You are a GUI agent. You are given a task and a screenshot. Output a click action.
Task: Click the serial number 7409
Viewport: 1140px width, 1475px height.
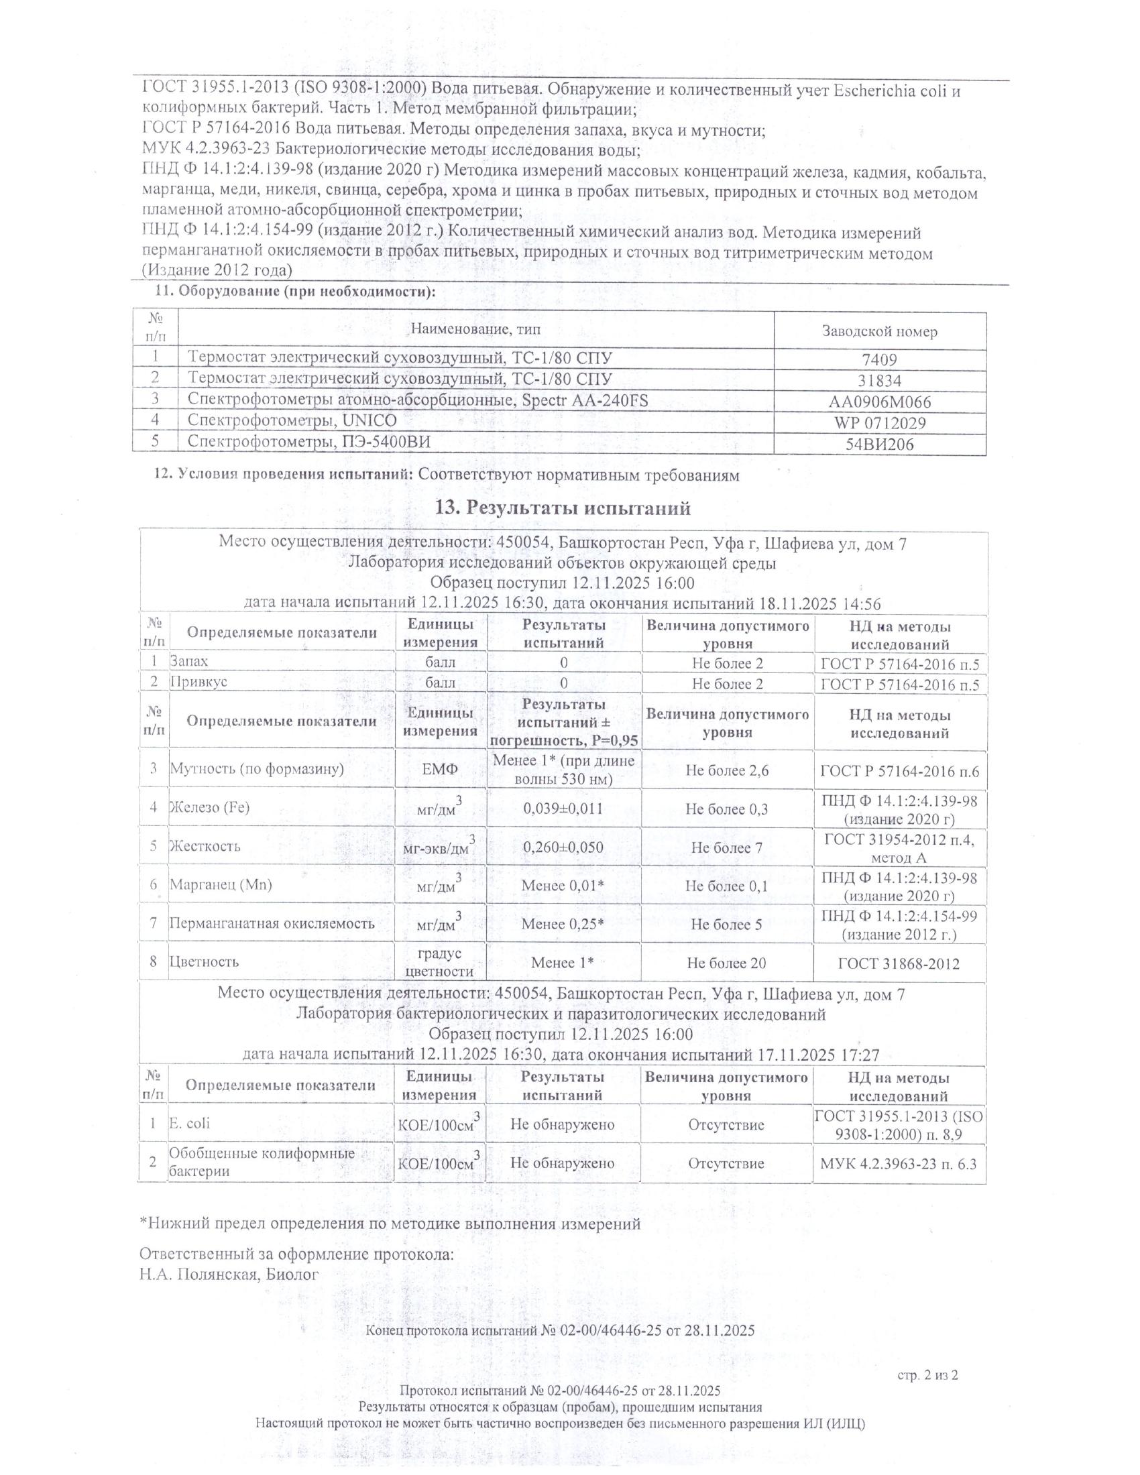879,360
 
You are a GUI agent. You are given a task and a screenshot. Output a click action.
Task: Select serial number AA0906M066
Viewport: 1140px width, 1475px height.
879,402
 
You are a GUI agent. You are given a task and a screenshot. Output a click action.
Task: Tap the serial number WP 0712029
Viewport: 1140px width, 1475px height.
879,424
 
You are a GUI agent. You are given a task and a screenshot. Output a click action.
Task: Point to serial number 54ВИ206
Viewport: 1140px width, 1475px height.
879,445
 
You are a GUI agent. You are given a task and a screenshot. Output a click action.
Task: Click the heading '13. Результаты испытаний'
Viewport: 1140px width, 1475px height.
563,508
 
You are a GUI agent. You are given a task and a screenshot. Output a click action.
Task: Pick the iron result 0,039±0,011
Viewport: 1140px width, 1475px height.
563,809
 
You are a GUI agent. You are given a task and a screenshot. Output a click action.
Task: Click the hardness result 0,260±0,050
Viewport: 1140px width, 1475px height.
563,847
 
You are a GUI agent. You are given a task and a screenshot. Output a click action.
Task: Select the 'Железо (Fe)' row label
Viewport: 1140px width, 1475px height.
209,807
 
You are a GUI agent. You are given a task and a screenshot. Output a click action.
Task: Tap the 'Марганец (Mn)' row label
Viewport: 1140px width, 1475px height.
220,885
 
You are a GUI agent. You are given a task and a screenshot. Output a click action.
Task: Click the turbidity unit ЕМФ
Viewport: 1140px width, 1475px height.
441,769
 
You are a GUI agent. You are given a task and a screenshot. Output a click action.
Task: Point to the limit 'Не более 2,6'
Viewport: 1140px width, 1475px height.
727,770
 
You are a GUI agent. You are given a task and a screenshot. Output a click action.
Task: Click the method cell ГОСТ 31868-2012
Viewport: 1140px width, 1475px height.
898,963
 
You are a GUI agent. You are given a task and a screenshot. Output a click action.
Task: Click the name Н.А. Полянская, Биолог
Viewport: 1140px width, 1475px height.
228,1275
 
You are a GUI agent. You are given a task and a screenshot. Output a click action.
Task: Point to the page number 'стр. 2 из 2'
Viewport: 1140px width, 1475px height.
928,1374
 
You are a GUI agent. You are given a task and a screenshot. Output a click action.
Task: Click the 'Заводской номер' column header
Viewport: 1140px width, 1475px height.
879,332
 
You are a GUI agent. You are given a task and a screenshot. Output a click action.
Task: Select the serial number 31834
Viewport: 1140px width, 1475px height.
879,381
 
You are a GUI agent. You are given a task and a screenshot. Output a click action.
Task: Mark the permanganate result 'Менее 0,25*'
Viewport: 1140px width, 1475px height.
563,924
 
